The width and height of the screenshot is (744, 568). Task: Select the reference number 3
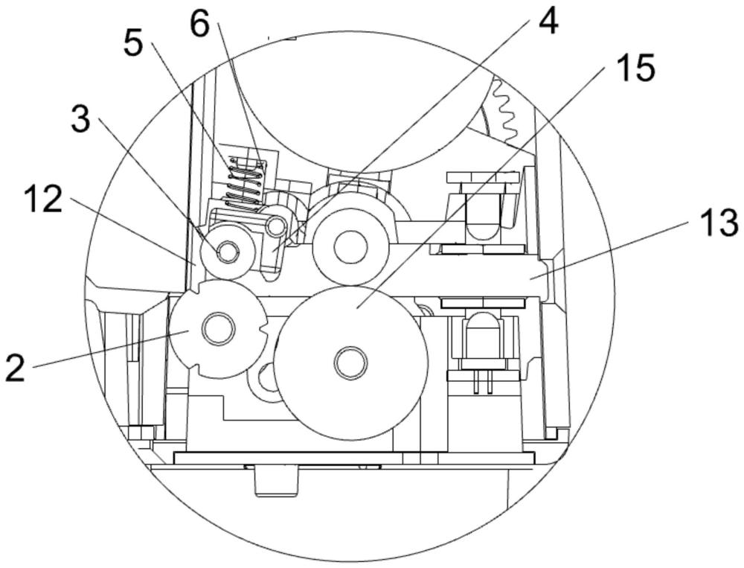pos(80,118)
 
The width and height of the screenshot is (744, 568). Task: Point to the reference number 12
pos(43,200)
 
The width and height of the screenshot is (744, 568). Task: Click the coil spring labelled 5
pos(246,182)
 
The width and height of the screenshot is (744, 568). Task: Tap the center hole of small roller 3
pos(227,252)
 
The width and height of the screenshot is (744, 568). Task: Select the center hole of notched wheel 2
pos(218,328)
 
